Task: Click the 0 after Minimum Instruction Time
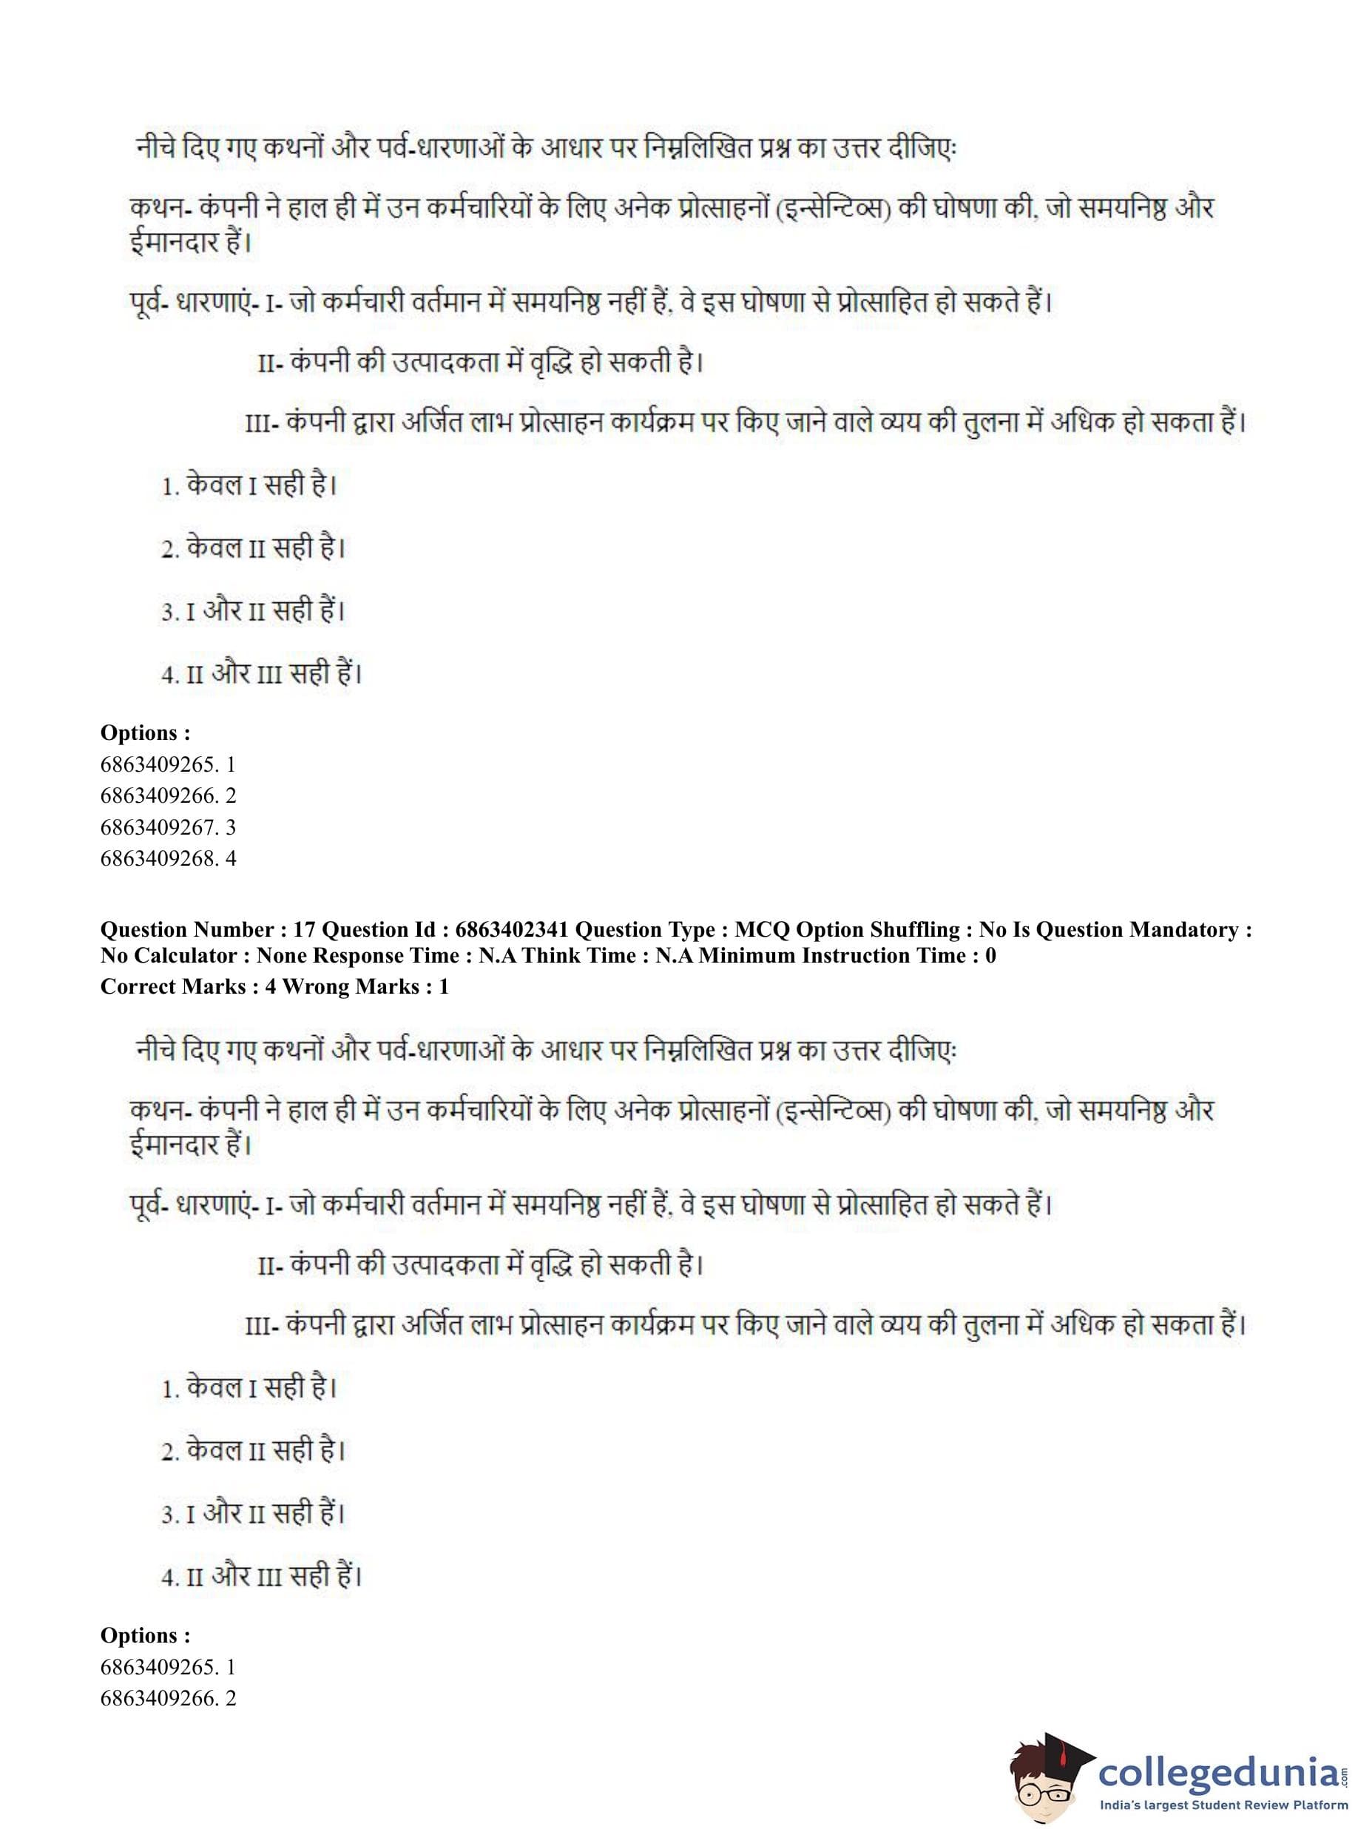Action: pyautogui.click(x=990, y=955)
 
